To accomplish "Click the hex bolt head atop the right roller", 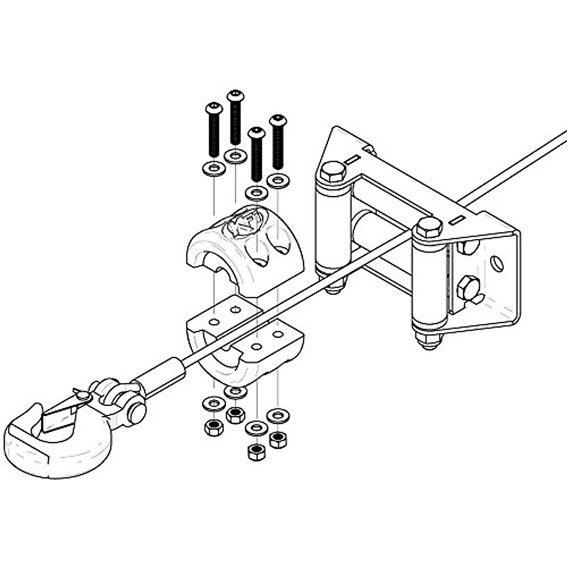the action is [x=429, y=228].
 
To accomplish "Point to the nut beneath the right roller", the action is [x=429, y=341].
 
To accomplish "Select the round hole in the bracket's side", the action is [x=497, y=263].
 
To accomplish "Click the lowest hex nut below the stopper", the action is [x=256, y=452].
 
